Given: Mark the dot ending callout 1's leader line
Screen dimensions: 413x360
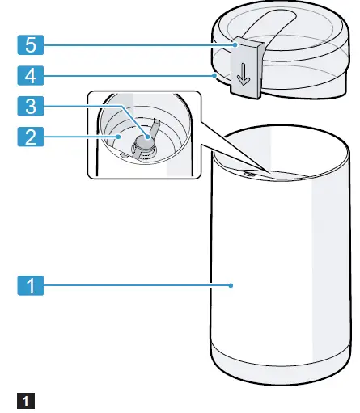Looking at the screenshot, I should tap(231, 284).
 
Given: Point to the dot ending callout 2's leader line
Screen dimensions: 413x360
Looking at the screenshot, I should tap(118, 137).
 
